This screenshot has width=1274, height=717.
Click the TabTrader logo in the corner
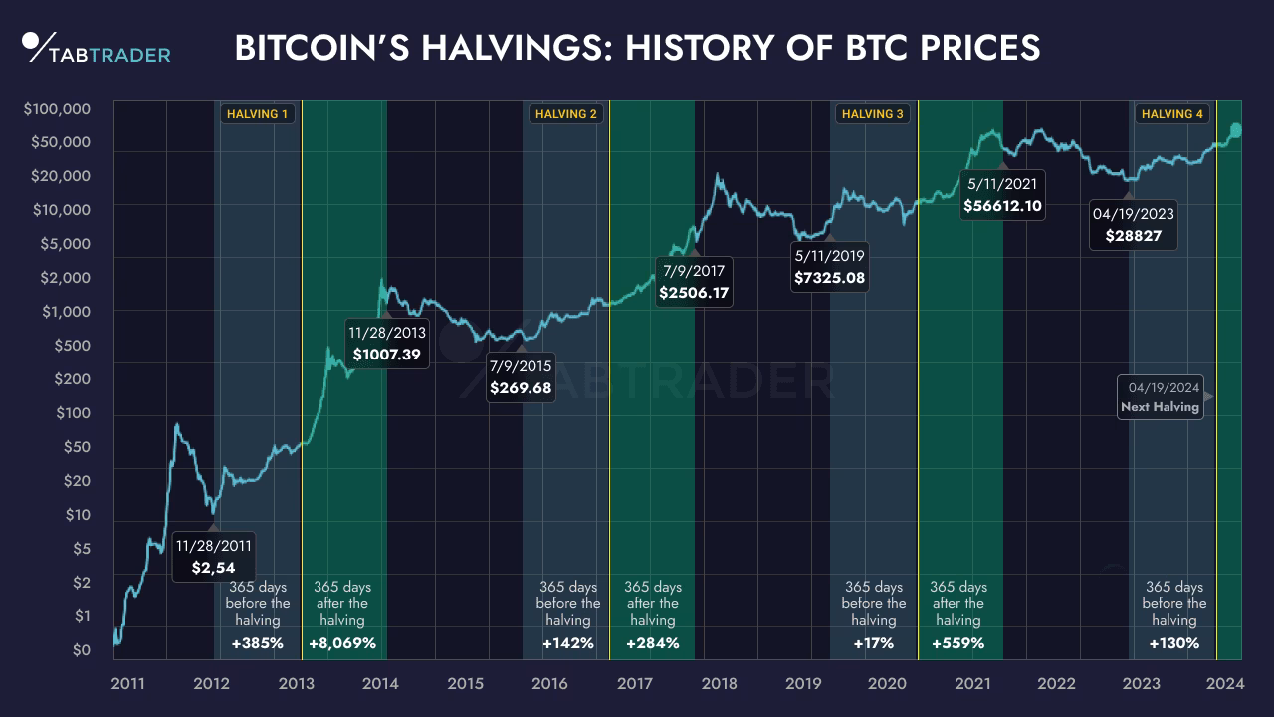click(96, 48)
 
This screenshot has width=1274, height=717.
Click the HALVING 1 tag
click(258, 114)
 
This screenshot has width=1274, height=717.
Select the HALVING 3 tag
click(873, 114)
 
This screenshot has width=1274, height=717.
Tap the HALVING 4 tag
click(1171, 114)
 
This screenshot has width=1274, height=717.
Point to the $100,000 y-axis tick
click(58, 109)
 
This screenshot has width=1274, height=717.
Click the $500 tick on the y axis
click(70, 346)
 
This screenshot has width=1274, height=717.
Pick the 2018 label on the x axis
click(719, 684)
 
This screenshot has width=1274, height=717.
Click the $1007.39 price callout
click(386, 354)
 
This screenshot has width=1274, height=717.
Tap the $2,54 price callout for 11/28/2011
click(214, 569)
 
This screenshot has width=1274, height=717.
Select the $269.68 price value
click(521, 388)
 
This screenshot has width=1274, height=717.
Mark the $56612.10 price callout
click(1002, 206)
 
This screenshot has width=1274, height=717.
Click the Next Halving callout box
click(1160, 397)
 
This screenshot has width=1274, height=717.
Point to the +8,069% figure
click(342, 643)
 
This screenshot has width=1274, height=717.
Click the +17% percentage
click(873, 643)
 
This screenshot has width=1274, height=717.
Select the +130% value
click(1173, 643)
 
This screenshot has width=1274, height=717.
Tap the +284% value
click(652, 643)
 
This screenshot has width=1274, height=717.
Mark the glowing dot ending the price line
click(1236, 130)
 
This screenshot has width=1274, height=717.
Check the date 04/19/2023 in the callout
click(1133, 214)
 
